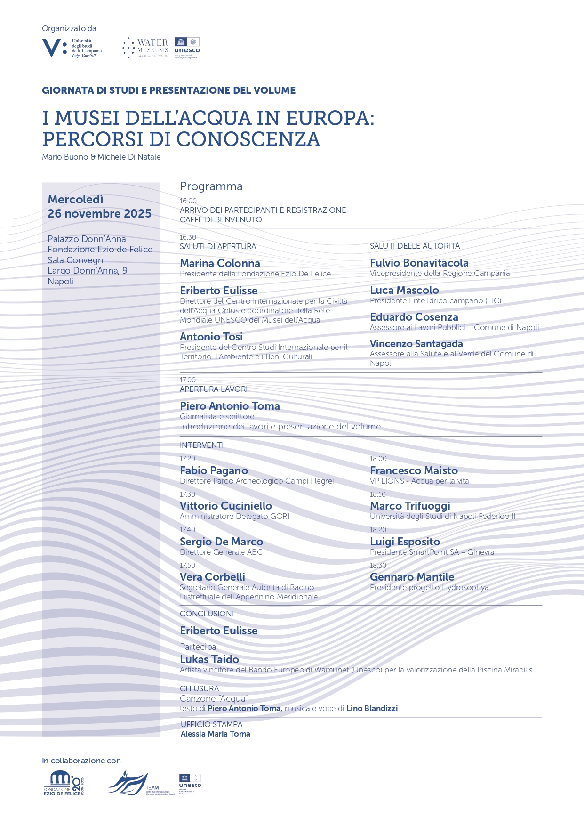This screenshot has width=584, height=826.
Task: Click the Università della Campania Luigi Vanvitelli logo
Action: click(x=72, y=48)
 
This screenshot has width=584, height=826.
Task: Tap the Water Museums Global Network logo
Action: click(x=145, y=48)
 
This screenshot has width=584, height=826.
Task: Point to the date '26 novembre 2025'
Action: click(x=99, y=214)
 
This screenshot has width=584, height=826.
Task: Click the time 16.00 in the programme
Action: click(x=188, y=201)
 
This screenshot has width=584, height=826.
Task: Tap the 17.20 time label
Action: click(x=187, y=459)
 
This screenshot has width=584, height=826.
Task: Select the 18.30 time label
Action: click(x=378, y=566)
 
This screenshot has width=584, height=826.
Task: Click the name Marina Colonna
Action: click(x=220, y=263)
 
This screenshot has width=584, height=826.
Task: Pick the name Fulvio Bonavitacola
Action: click(x=419, y=263)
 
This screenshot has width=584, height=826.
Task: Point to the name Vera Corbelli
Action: click(x=212, y=577)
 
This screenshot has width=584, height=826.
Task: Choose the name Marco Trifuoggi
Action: click(x=410, y=506)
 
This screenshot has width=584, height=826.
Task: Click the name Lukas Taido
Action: click(x=209, y=659)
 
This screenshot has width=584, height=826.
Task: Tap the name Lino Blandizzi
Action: click(x=372, y=708)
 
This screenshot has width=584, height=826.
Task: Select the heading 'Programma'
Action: click(x=211, y=186)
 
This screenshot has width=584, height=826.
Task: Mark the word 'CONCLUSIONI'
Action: click(x=207, y=614)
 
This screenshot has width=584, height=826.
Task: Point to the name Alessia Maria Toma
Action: click(x=215, y=734)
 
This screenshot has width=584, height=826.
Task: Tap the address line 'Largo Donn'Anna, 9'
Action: click(x=88, y=271)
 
